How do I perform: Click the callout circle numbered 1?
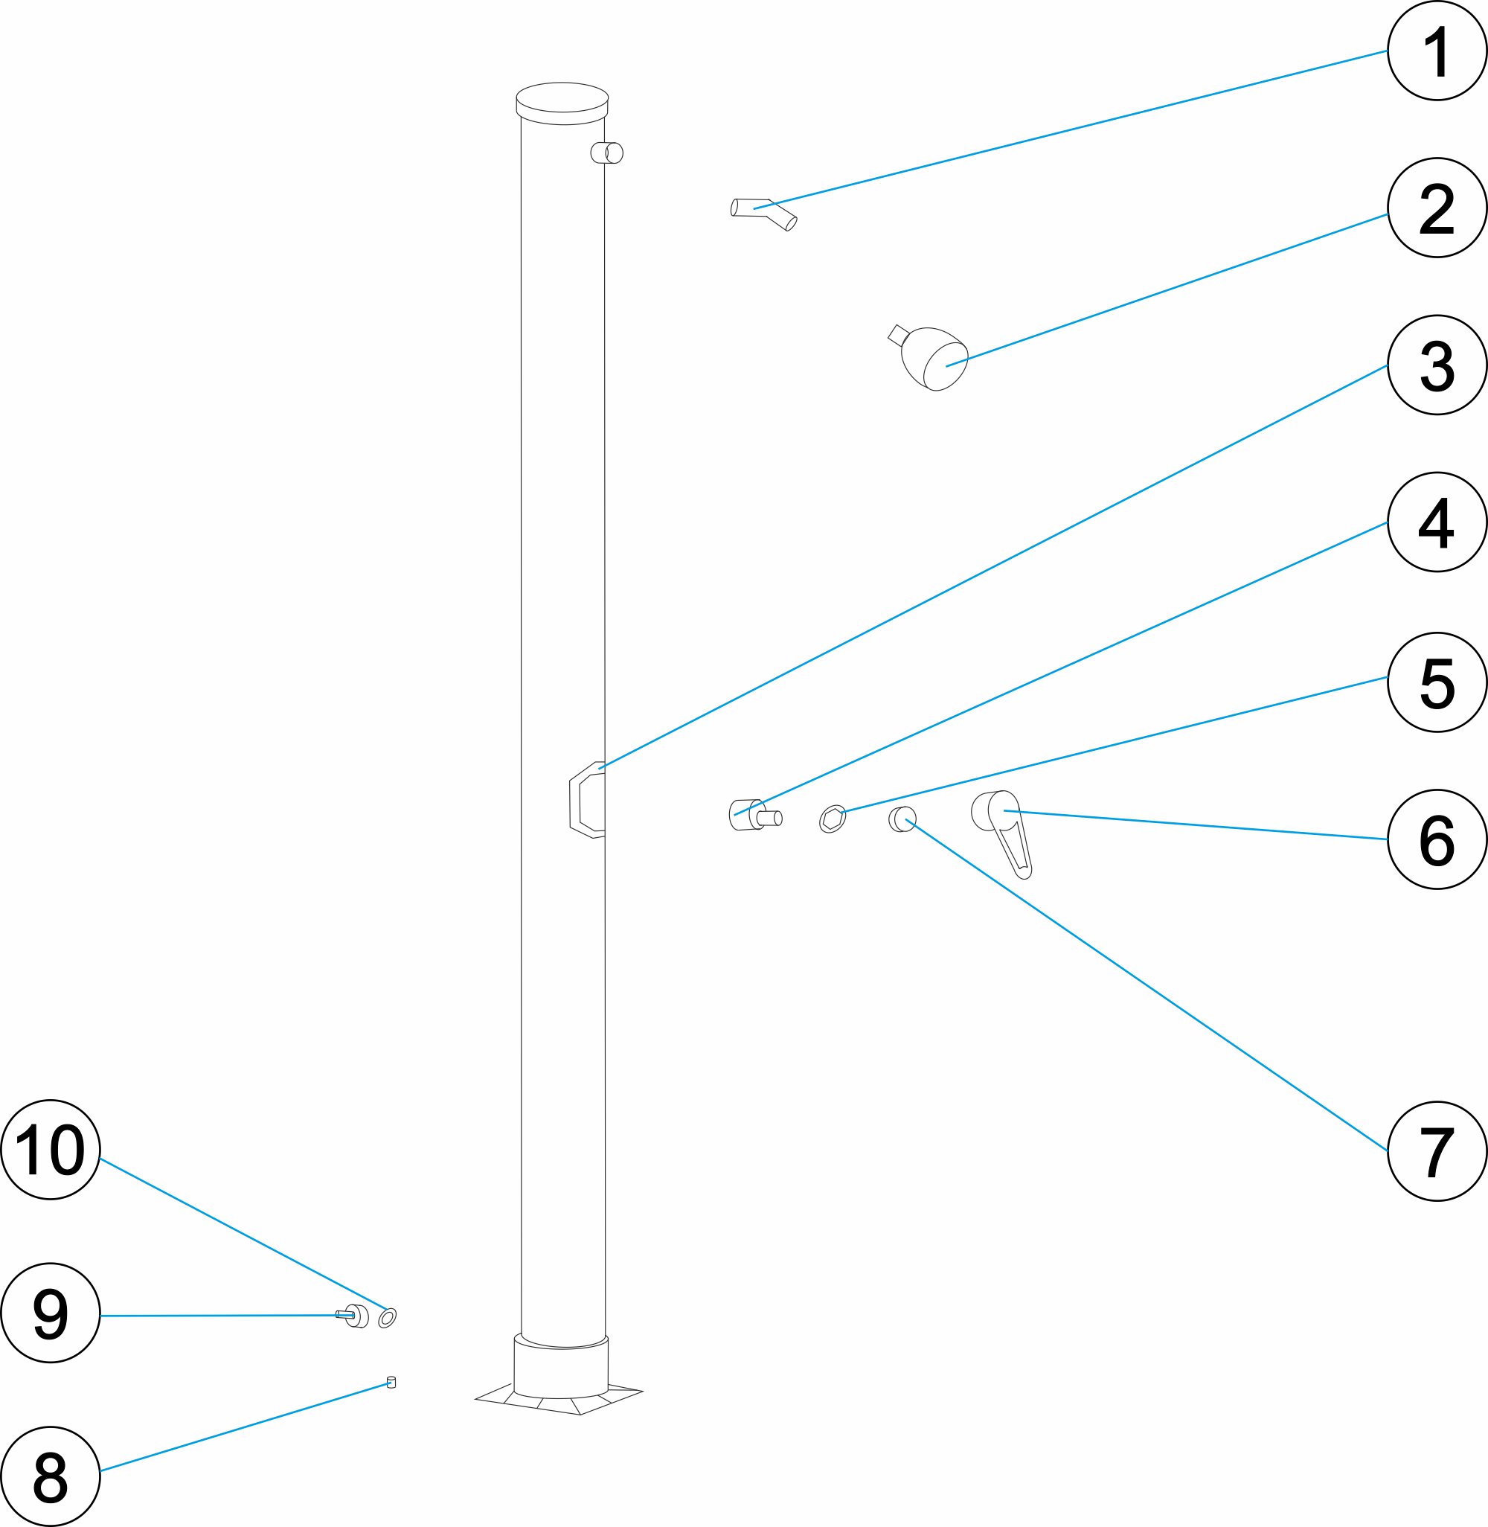coord(1437,51)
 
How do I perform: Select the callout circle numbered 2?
coord(1437,208)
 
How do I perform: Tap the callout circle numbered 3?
coord(1437,365)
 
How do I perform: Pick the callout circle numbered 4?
coord(1437,522)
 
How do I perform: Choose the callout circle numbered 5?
coord(1437,682)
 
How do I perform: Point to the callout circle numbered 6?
coord(1437,839)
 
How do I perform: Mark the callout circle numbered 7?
coord(1437,1151)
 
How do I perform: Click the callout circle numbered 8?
coord(51,1476)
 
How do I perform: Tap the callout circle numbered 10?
coord(51,1150)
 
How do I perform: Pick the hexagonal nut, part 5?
coord(833,819)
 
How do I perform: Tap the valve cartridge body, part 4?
coord(754,815)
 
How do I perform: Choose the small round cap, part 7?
coord(902,819)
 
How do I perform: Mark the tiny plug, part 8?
coord(391,1383)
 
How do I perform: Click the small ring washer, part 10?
coord(387,1318)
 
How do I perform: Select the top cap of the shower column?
coord(562,103)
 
